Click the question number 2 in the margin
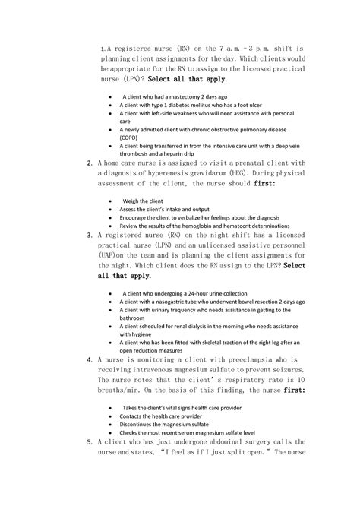click(x=90, y=162)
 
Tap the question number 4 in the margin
click(x=90, y=359)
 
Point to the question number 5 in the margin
click(x=90, y=441)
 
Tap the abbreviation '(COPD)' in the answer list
click(x=133, y=137)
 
